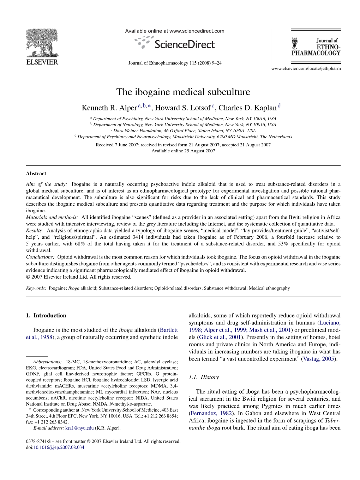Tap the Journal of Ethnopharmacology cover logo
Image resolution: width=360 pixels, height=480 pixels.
(316, 47)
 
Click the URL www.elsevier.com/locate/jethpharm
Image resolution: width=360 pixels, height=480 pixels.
(306, 68)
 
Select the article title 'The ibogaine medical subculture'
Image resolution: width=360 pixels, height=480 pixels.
(183, 92)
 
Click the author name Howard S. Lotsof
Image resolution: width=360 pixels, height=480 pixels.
(183, 108)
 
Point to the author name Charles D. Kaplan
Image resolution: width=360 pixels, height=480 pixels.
(247, 108)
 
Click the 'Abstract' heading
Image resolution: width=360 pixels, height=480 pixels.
(36, 174)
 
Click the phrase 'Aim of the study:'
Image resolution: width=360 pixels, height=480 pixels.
(46, 184)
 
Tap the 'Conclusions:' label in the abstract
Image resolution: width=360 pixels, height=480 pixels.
(40, 257)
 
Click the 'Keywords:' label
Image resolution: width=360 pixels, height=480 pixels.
(36, 288)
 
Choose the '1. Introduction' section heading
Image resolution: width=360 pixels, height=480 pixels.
(46, 315)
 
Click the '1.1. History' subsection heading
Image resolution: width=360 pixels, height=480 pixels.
(204, 377)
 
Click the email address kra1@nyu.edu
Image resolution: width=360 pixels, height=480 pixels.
(79, 428)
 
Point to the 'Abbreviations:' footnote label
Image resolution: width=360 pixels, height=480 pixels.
(47, 362)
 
